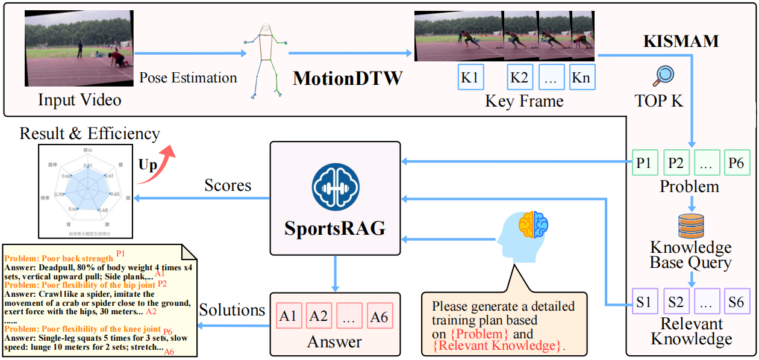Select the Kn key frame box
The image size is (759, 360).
pos(581,77)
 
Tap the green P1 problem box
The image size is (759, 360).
pos(643,163)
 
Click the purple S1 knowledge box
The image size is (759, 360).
pos(643,302)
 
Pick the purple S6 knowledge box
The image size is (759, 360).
pos(737,302)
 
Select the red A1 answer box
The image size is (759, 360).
pos(288,316)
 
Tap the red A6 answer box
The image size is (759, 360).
pos(378,316)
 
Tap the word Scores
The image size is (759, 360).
pos(228,185)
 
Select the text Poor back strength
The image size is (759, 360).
pos(75,258)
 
